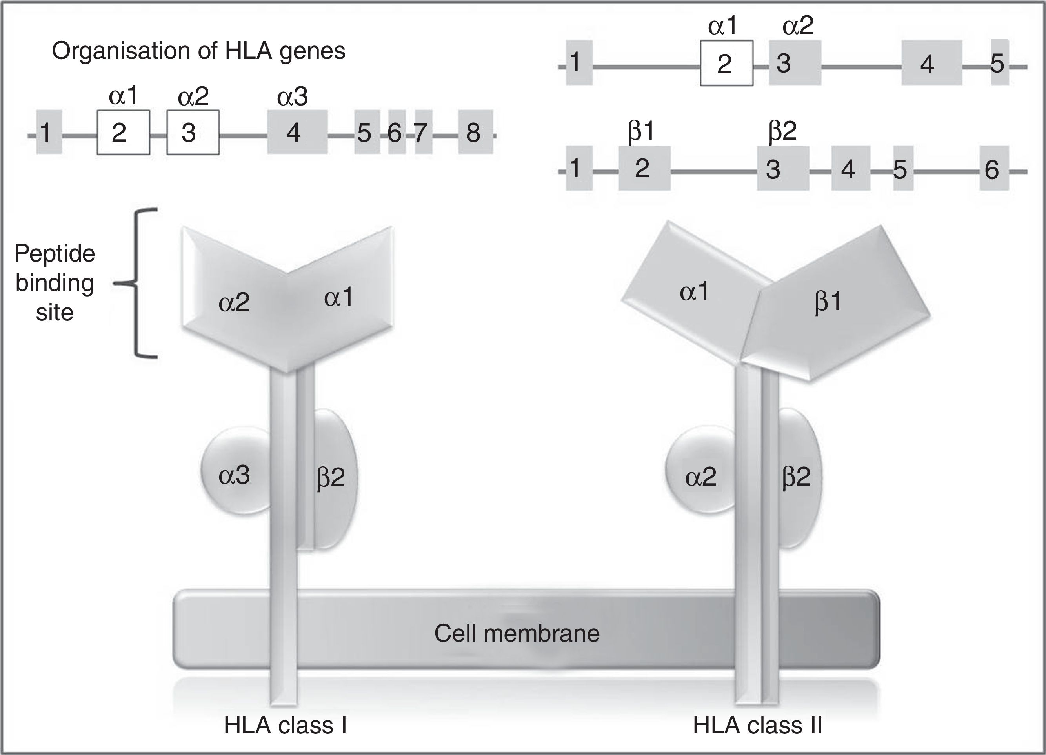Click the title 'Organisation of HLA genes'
pyautogui.click(x=198, y=51)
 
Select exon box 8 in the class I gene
pyautogui.click(x=475, y=132)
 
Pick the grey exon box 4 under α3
pyautogui.click(x=297, y=132)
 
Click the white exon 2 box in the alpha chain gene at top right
pyautogui.click(x=726, y=63)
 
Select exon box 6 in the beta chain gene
pyautogui.click(x=994, y=169)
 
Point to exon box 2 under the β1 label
pyautogui.click(x=644, y=168)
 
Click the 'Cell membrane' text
pyautogui.click(x=517, y=633)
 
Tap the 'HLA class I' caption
pyautogui.click(x=285, y=725)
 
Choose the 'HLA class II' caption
pyautogui.click(x=757, y=725)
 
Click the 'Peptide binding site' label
pyautogui.click(x=55, y=283)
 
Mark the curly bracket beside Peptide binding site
pyautogui.click(x=138, y=283)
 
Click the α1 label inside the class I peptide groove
pyautogui.click(x=338, y=297)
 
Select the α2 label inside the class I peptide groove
pyautogui.click(x=234, y=302)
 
